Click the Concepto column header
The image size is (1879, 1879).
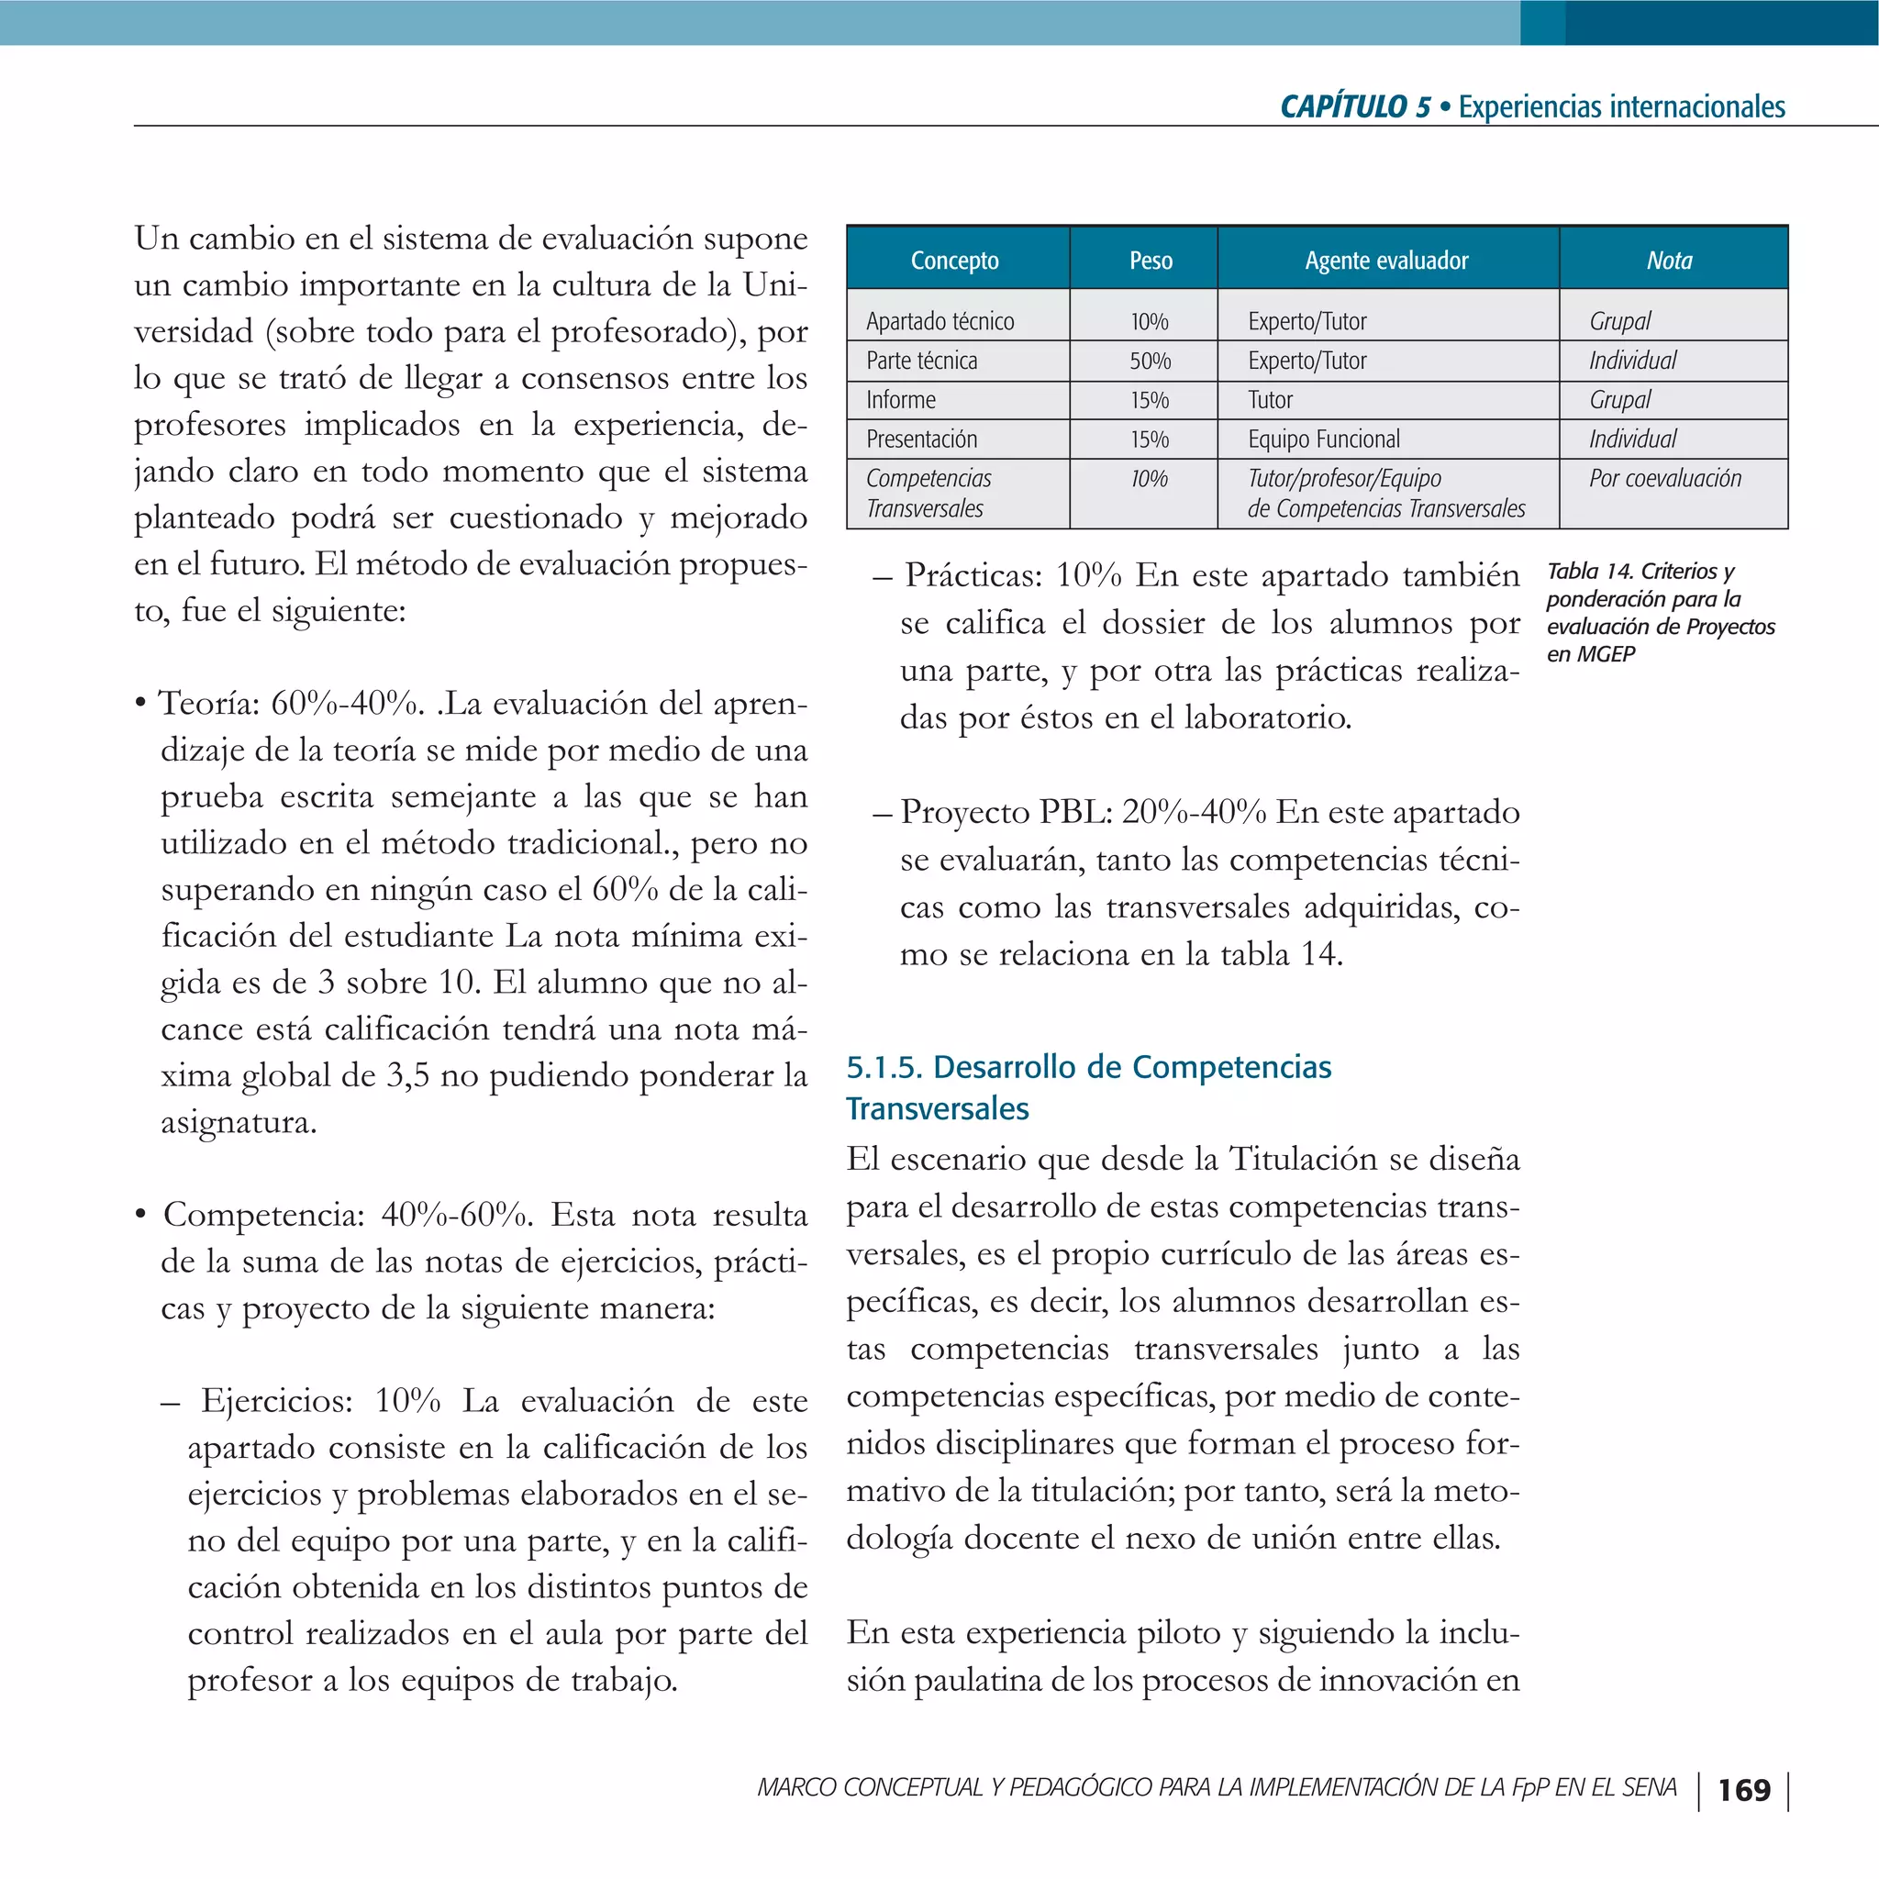point(954,260)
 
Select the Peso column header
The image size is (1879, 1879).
point(1151,260)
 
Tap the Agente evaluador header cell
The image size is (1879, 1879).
point(1386,260)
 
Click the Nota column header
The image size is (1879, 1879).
point(1669,260)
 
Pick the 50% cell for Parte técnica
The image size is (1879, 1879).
point(1150,361)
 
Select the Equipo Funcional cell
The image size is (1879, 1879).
point(1324,439)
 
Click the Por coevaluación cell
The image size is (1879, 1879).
point(1665,479)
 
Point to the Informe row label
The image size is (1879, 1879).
point(901,400)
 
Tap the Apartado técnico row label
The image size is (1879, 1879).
point(939,321)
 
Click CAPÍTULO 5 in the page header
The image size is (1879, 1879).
point(1355,106)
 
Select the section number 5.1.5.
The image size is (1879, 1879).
point(884,1067)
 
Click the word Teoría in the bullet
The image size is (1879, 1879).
point(208,702)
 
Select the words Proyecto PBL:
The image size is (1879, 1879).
point(1006,812)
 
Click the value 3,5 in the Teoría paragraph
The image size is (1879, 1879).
point(408,1075)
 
